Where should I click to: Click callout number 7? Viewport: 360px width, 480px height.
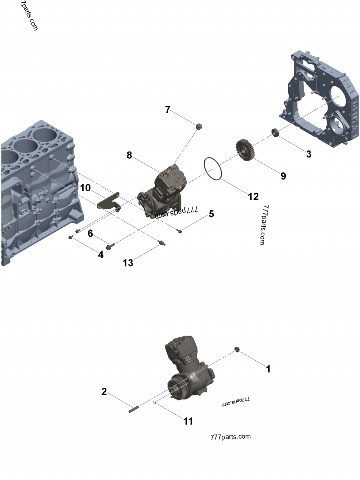167,109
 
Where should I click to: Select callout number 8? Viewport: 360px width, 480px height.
129,155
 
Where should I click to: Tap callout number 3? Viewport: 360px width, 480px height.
309,154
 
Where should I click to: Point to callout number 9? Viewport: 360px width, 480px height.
283,176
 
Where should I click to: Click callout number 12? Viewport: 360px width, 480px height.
253,196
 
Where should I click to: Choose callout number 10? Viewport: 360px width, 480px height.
85,187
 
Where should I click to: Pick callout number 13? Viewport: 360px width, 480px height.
128,263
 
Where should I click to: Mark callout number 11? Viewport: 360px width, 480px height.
188,421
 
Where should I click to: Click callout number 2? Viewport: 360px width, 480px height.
104,392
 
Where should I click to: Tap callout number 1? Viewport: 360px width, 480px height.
268,369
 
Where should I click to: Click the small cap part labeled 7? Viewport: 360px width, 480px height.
198,126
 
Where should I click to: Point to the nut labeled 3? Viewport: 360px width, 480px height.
275,133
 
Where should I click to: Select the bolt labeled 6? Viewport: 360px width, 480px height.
110,246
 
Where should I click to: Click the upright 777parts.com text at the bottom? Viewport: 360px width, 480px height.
230,436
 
